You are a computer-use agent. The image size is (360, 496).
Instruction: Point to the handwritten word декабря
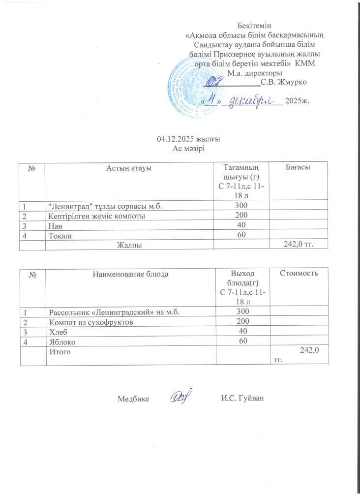coord(251,100)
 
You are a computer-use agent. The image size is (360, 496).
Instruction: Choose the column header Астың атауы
coord(128,168)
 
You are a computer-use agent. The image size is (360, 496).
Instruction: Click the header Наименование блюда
coord(130,273)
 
